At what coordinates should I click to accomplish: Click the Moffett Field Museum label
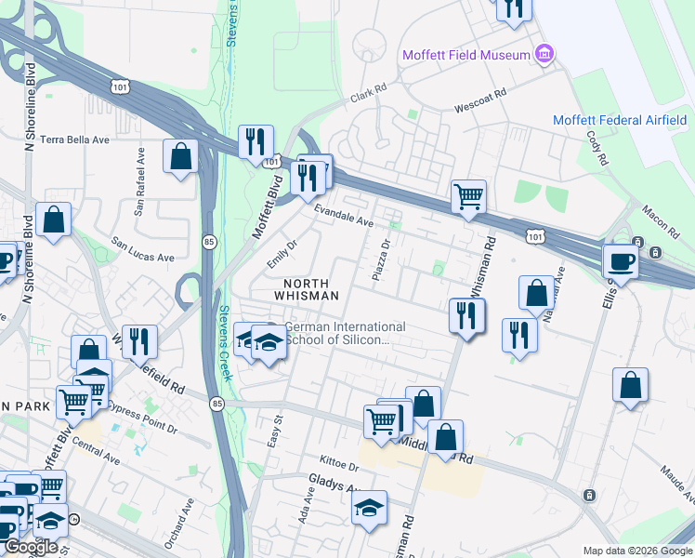[465, 55]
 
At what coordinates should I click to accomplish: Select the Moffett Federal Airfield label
[620, 120]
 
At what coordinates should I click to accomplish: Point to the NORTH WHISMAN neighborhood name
[306, 288]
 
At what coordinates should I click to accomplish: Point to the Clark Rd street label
[367, 97]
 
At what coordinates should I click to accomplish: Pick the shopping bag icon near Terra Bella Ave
[180, 155]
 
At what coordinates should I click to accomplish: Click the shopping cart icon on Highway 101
[468, 196]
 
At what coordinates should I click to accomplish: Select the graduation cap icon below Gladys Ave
[369, 507]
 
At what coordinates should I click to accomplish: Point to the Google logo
[30, 547]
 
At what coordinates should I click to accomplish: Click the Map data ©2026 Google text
[637, 551]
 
